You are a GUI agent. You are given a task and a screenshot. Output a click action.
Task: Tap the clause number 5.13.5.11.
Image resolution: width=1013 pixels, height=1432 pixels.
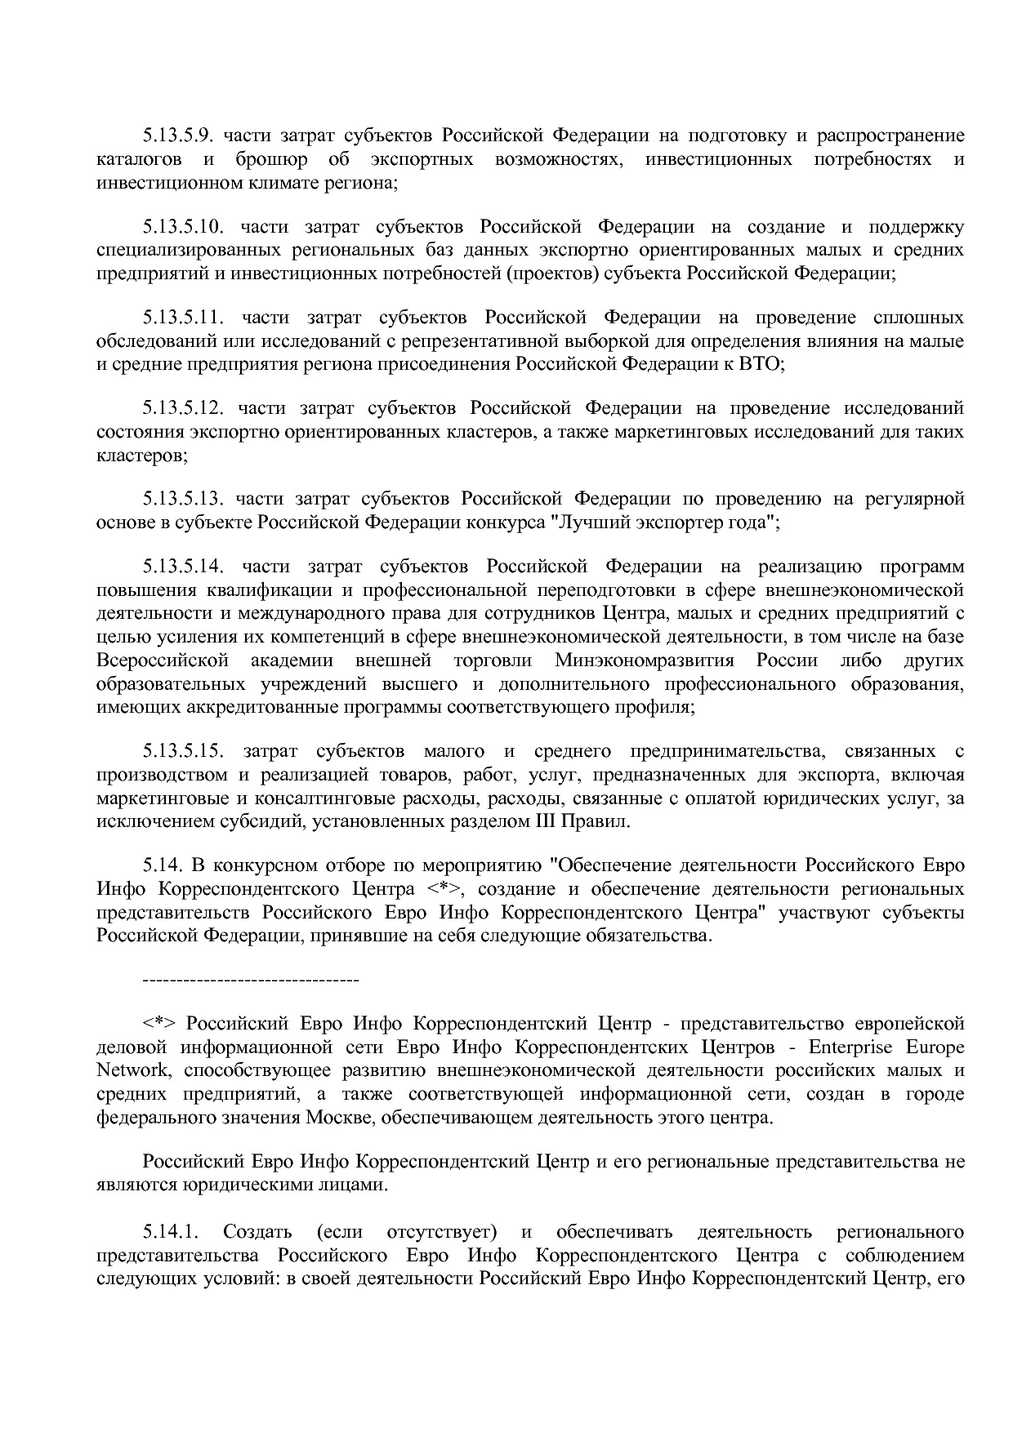[x=184, y=317]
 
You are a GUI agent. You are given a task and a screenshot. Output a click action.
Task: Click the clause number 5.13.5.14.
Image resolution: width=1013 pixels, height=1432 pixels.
[x=184, y=566]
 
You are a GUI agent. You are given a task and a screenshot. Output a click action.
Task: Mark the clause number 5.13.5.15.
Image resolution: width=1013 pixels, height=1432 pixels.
[x=184, y=751]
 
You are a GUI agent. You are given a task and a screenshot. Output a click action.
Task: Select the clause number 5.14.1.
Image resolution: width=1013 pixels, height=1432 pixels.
[x=171, y=1231]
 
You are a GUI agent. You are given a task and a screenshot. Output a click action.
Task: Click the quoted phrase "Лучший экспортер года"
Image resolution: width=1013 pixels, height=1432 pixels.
[x=663, y=522]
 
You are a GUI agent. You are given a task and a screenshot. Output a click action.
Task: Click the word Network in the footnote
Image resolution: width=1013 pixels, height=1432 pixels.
[x=130, y=1070]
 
